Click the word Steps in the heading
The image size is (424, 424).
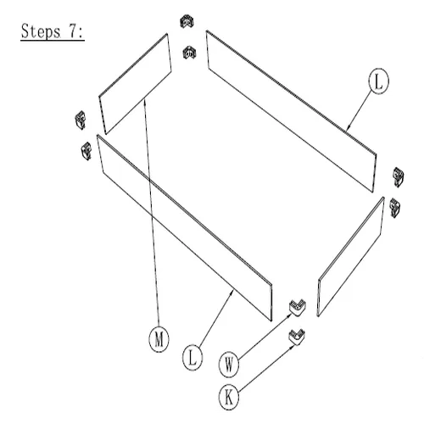click(41, 31)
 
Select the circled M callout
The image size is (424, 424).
click(159, 339)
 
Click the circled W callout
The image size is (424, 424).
click(229, 365)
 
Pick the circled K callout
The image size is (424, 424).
click(229, 398)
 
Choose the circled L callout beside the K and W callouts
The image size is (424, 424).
click(192, 358)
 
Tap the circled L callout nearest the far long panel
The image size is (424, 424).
click(379, 81)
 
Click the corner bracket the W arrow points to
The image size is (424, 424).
click(298, 307)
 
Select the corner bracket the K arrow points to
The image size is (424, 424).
click(297, 337)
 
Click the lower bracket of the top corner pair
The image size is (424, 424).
click(189, 53)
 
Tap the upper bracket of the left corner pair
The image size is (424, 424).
click(80, 120)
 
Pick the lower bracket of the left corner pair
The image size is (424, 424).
click(86, 151)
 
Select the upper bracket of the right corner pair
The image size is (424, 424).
click(399, 177)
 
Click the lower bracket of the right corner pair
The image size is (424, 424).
click(394, 208)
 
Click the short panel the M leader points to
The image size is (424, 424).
click(135, 84)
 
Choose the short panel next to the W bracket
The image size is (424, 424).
click(351, 257)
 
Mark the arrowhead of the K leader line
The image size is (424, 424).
click(293, 347)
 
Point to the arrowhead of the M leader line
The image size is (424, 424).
click(145, 101)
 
